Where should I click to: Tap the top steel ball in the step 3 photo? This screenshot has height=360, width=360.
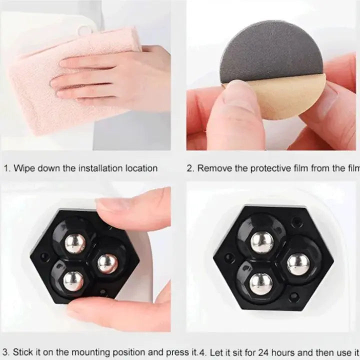click(x=75, y=243)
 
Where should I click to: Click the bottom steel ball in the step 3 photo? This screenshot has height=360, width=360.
click(x=73, y=281)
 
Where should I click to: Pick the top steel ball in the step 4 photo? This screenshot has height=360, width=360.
click(x=262, y=242)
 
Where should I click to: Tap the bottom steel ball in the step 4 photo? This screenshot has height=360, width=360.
click(x=260, y=283)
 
